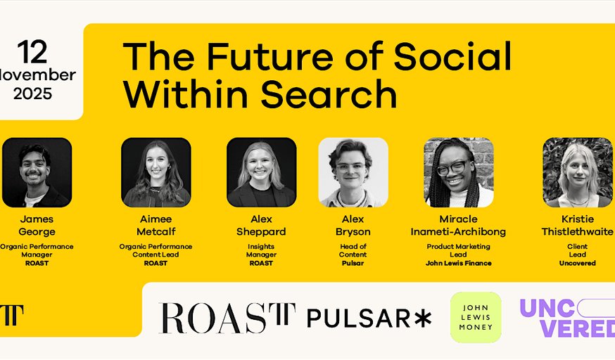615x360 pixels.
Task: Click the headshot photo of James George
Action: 37,172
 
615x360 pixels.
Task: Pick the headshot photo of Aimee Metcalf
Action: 156,172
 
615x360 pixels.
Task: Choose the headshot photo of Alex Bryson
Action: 353,172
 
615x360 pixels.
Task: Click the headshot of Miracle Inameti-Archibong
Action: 459,172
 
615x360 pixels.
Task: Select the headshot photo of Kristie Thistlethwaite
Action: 578,172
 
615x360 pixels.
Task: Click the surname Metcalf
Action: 156,232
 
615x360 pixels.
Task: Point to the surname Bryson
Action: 353,232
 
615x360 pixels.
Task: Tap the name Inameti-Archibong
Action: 459,232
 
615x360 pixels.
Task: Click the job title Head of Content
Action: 353,250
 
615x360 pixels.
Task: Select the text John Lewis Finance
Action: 459,263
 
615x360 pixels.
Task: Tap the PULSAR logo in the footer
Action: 359,319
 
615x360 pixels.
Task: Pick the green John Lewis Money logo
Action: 476,317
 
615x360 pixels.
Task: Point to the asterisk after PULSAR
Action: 422,319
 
